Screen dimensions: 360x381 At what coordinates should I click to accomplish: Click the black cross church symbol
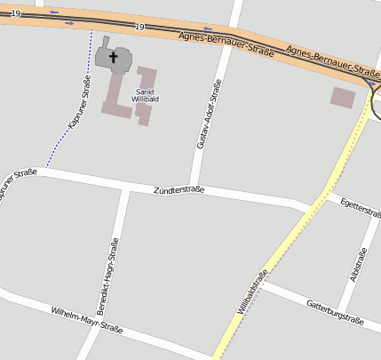pos(113,58)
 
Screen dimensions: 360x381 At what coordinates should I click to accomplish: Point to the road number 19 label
pos(139,28)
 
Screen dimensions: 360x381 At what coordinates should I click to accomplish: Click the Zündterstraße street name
pos(179,190)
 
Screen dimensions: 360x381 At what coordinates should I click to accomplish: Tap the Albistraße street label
pos(359,268)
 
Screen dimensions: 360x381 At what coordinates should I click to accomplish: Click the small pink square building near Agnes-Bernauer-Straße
pos(342,97)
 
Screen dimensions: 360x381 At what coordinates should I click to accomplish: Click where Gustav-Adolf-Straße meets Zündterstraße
pos(193,186)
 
